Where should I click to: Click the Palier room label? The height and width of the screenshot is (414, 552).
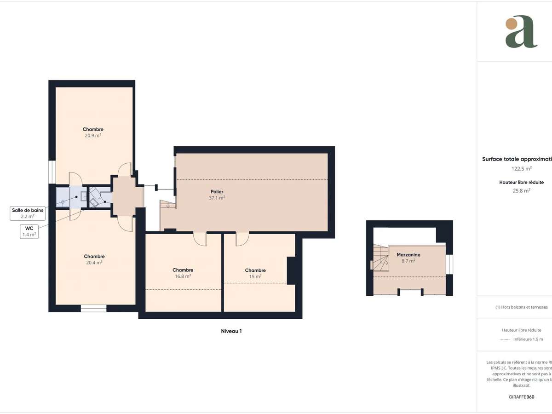pos(217,191)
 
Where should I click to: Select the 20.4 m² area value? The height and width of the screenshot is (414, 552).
pos(93,263)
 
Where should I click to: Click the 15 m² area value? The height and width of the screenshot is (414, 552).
pos(255,276)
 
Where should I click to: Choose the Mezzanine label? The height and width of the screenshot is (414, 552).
pos(408,254)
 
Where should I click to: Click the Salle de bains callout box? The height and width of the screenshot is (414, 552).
pos(28,213)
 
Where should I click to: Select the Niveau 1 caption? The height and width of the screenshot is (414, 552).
pos(231,331)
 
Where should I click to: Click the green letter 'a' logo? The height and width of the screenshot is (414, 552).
pos(521,32)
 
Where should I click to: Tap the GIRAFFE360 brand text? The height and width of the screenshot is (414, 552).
pos(522,397)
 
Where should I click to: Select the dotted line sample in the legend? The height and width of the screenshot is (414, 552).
pos(505,339)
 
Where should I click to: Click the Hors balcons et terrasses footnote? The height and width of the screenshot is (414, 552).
pos(522,307)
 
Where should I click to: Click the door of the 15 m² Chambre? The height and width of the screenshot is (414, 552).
pos(242,239)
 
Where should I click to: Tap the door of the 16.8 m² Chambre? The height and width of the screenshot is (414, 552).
pos(200,239)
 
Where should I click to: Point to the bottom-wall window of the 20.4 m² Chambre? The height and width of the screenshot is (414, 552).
pos(93,308)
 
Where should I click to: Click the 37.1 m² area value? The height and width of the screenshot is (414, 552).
pos(217,198)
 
